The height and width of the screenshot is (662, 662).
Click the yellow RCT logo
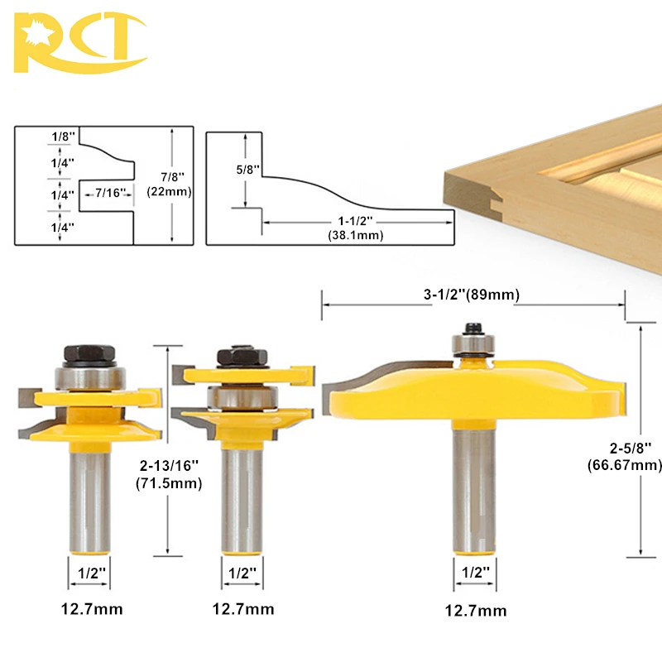(79, 42)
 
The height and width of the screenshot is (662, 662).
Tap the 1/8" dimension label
(63, 137)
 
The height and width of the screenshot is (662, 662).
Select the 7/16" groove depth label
(110, 193)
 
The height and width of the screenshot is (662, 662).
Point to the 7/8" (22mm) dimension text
(170, 184)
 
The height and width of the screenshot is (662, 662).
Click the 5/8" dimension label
(247, 170)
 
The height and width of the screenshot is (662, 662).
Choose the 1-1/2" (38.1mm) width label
(356, 228)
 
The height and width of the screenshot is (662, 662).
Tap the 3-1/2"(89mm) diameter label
(471, 295)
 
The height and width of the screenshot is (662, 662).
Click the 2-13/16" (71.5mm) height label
(169, 474)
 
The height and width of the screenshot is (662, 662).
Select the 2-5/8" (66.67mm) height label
(625, 456)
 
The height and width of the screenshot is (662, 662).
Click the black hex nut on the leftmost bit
(89, 354)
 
